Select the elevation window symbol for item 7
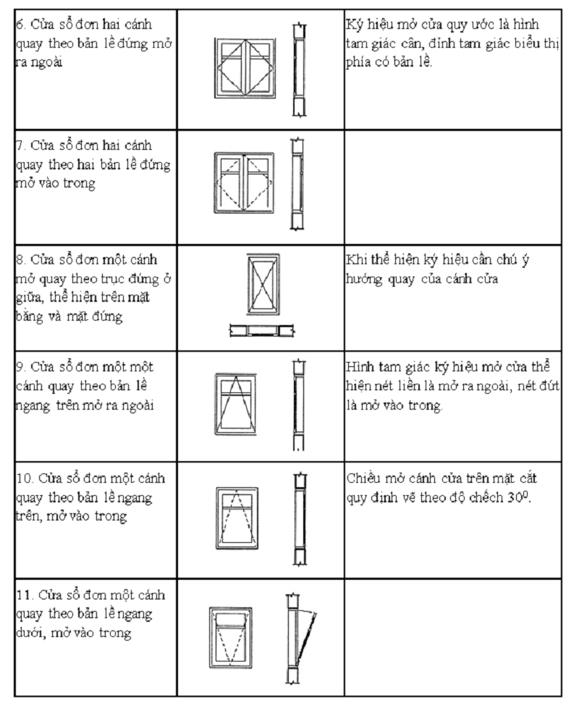pos(244,182)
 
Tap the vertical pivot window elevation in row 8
pos(262,286)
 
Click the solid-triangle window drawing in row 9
pos(235,404)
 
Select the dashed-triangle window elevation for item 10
pos(237,518)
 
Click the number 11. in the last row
pos(24,595)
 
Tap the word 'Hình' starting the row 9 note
pos(359,368)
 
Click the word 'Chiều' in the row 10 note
pos(363,479)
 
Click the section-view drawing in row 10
pos(299,519)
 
